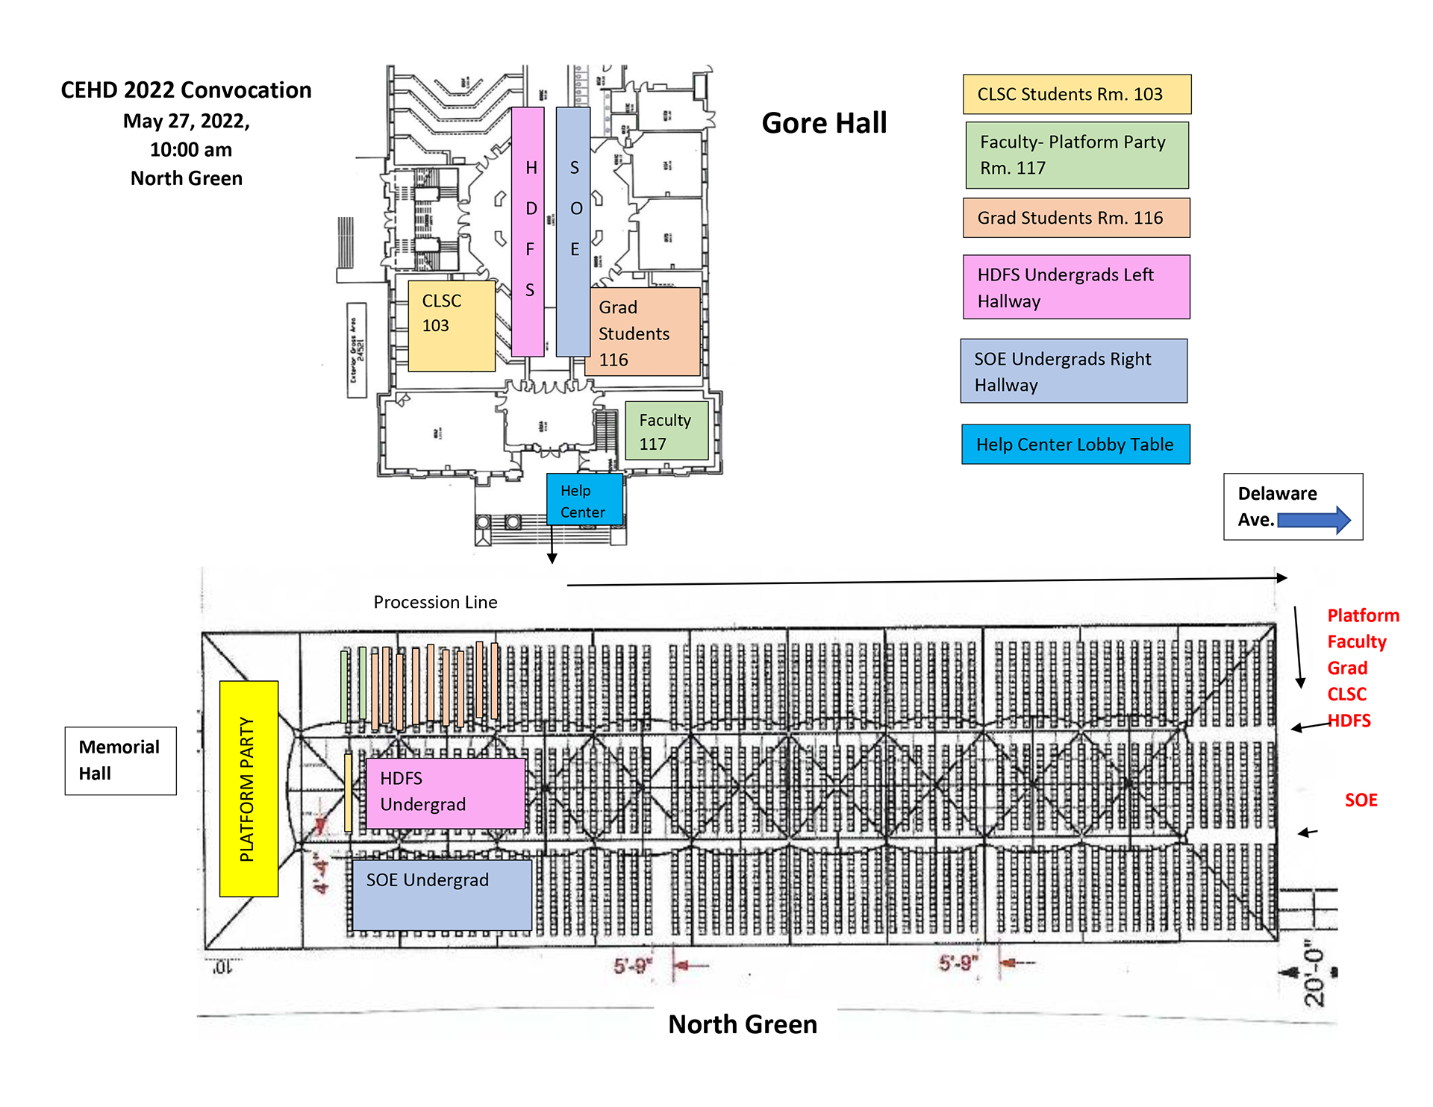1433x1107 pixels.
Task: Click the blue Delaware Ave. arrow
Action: (x=1314, y=519)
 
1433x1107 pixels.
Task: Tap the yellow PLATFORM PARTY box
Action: (x=249, y=788)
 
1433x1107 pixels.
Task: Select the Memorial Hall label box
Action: (x=120, y=760)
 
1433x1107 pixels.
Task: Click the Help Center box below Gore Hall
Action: (x=584, y=501)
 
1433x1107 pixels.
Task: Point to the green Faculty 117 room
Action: (x=666, y=432)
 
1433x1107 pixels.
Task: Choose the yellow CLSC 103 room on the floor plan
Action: (x=451, y=325)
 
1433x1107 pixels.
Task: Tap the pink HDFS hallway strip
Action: (x=528, y=231)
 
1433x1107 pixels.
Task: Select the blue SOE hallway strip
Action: (x=573, y=231)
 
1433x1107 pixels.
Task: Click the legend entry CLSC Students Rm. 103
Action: (x=1076, y=94)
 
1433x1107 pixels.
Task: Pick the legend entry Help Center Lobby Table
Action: (x=1075, y=445)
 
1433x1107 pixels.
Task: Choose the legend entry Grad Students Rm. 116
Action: (x=1075, y=218)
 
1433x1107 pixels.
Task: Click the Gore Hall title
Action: (x=824, y=123)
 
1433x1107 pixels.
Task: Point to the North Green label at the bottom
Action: (x=742, y=1024)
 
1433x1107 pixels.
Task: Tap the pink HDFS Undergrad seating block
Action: (x=446, y=793)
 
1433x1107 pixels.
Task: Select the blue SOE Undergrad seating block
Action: (x=442, y=894)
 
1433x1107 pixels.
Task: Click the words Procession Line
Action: (x=435, y=602)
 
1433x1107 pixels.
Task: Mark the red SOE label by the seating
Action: (x=1361, y=800)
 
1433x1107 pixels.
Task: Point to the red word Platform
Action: (x=1363, y=615)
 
